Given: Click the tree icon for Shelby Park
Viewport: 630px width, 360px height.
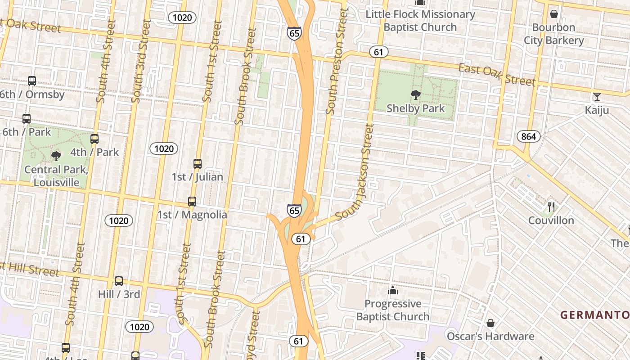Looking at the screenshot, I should (416, 95).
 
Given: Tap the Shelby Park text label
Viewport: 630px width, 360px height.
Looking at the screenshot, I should (416, 108).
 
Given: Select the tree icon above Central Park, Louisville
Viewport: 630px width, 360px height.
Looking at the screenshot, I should (56, 156).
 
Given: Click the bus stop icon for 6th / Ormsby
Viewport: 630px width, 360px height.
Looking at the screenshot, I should (32, 81).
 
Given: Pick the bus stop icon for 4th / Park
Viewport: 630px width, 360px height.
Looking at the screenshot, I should (94, 139).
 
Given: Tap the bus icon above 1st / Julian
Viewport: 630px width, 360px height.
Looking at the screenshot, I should (198, 164).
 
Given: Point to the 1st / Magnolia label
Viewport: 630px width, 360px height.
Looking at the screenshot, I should (192, 215).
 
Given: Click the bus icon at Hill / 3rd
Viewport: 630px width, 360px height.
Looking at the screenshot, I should (119, 281).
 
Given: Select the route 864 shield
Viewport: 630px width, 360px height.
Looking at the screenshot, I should (528, 136).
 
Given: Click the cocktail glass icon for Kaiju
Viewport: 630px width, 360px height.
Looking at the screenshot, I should (597, 97).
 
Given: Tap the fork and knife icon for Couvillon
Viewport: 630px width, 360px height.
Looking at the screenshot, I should (551, 207).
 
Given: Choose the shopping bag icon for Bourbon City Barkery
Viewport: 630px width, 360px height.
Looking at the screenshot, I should (554, 14).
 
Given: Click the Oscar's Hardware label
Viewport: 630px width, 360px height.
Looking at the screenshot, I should (490, 336).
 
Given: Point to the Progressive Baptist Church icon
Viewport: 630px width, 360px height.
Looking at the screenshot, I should (393, 290).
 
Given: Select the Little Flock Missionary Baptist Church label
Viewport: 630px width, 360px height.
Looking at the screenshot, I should (420, 21).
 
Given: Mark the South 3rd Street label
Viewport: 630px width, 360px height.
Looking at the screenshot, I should (140, 61).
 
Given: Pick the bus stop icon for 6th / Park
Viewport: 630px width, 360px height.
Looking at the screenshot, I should (27, 119).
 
